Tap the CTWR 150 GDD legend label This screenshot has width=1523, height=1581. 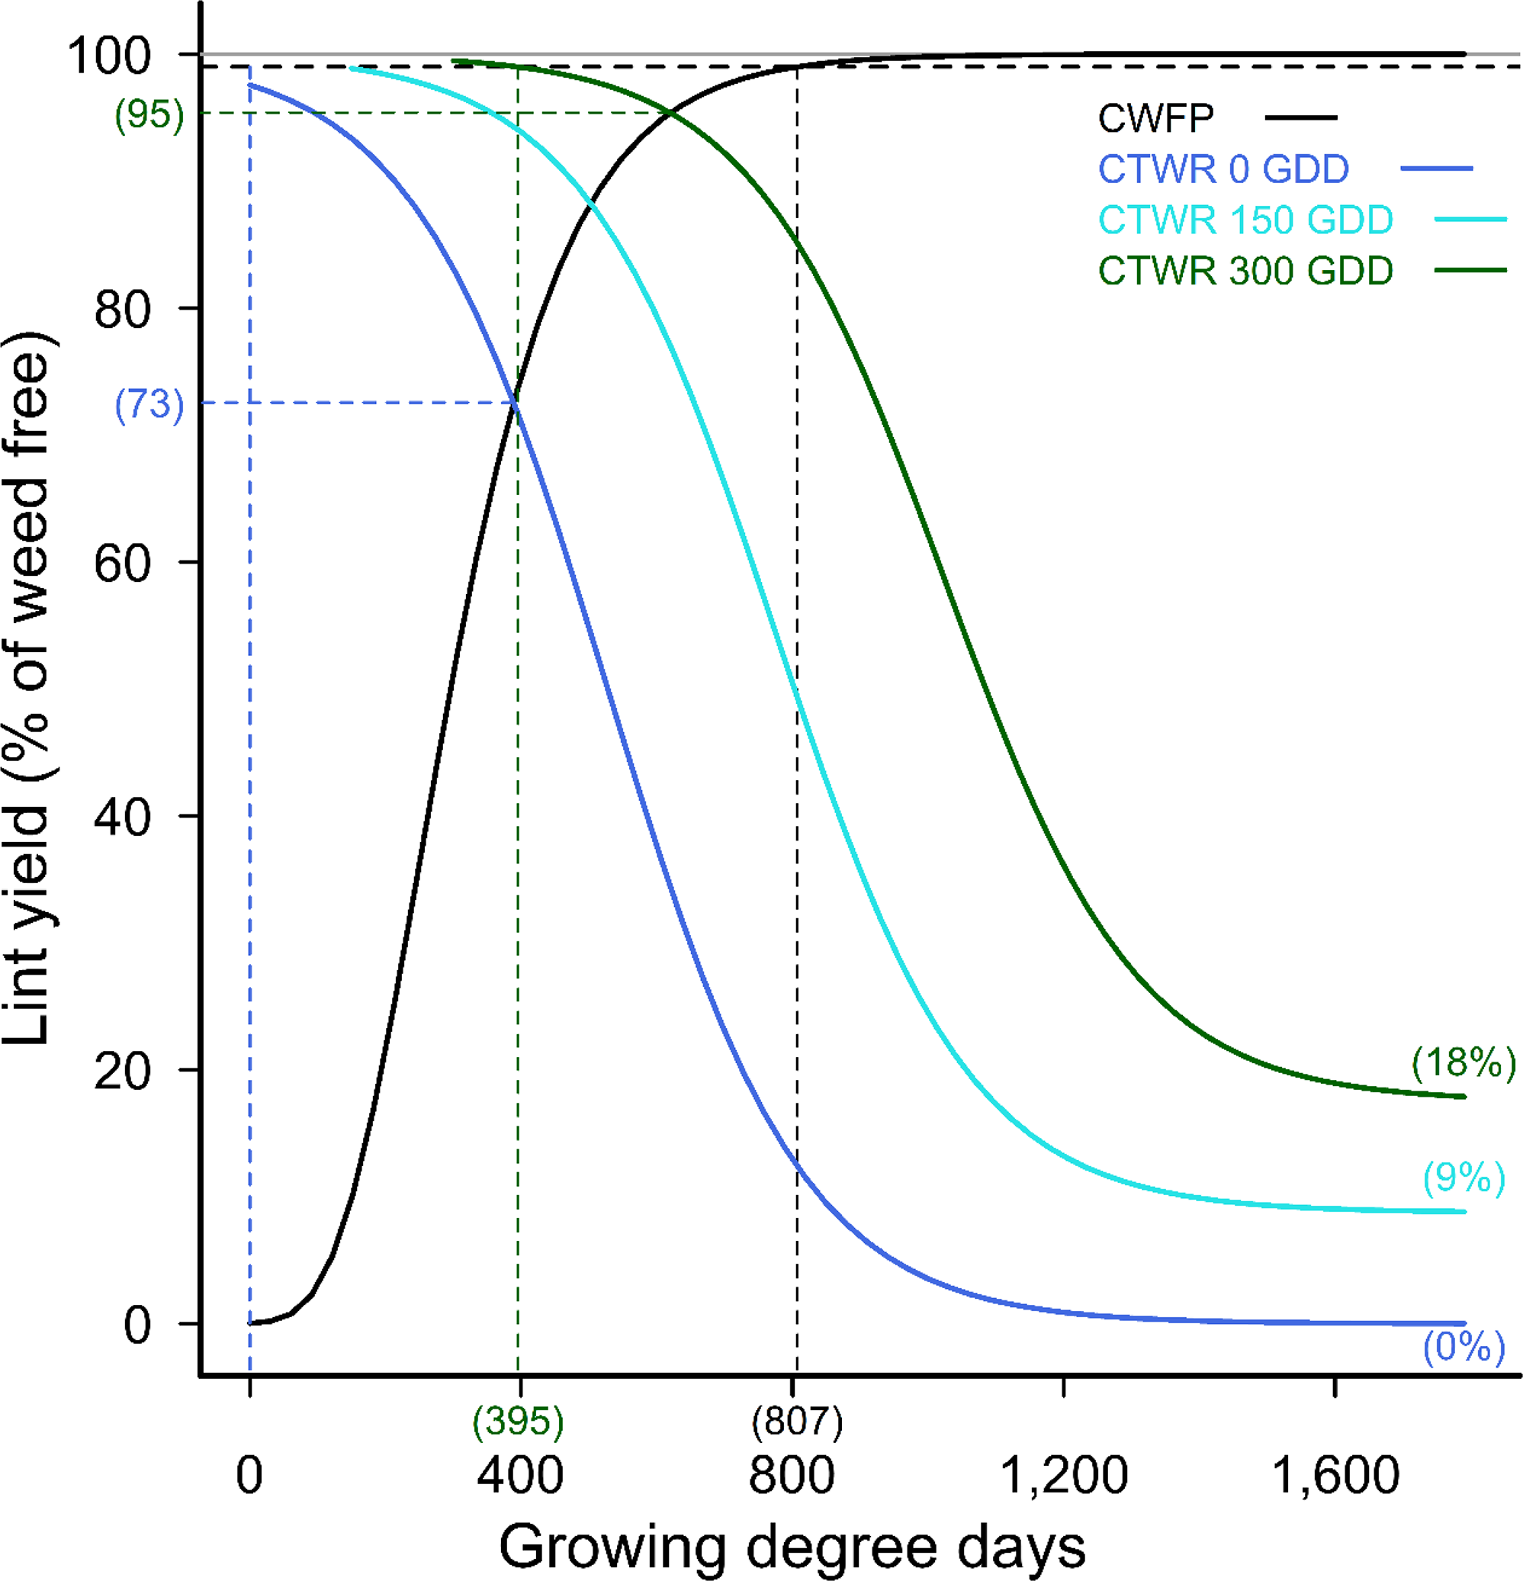coord(1245,220)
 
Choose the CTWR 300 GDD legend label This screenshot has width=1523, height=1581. coord(1245,270)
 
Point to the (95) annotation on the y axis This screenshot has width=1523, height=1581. coord(149,114)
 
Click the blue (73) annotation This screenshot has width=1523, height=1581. coord(149,403)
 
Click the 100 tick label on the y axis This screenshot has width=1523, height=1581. coord(109,56)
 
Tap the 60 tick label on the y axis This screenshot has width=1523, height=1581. coord(123,563)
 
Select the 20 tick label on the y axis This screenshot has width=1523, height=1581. coord(123,1072)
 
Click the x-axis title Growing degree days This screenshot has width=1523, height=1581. coord(792,1547)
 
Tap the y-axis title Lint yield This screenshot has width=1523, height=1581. coord(28,686)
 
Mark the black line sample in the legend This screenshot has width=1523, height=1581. coord(1300,117)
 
